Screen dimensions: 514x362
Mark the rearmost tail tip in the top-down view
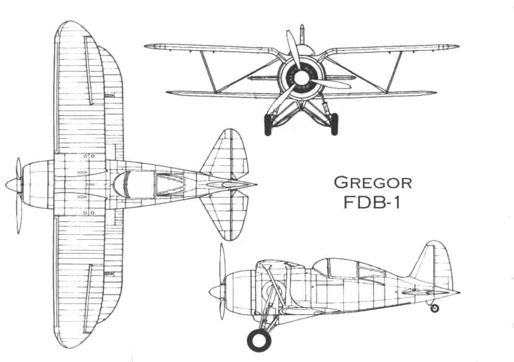257,185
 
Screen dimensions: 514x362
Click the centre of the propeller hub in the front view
300,78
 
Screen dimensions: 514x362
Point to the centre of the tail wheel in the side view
434,308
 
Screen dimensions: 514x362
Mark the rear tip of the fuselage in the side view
460,293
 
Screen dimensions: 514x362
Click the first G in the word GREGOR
340,183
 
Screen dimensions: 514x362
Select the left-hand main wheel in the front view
268,125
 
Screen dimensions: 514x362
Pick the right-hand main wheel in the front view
334,124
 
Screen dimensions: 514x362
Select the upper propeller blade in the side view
222,263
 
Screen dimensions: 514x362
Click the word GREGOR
373,183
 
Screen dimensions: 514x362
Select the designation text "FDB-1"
372,203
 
